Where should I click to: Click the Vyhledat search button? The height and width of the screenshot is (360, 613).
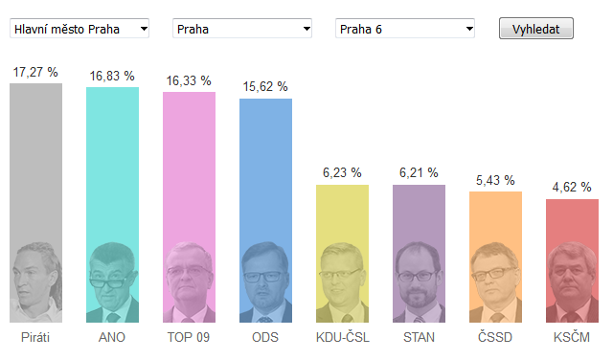[536, 29]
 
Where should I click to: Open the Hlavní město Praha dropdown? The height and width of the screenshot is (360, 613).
[79, 29]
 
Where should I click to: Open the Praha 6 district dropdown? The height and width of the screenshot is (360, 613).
[405, 29]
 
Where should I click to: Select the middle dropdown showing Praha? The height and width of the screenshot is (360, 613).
[242, 29]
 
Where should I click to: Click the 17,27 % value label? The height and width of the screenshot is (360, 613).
[35, 72]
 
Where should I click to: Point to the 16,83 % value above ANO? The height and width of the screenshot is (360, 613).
[112, 76]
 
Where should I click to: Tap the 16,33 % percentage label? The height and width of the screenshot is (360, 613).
[189, 81]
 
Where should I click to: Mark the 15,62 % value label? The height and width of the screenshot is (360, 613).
[265, 86]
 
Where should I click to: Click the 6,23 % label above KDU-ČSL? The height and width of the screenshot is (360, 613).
[342, 172]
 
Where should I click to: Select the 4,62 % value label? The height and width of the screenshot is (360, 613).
[572, 188]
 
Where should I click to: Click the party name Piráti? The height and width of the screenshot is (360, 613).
[35, 337]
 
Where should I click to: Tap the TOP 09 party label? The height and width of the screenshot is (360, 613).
[189, 337]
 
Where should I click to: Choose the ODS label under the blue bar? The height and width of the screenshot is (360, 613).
[265, 337]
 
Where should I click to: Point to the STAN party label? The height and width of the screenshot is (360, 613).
[419, 337]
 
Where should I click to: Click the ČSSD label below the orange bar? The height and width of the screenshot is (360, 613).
[495, 337]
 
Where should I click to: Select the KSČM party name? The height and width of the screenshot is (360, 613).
[572, 337]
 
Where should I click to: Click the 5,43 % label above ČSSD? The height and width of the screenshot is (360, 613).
[495, 180]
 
